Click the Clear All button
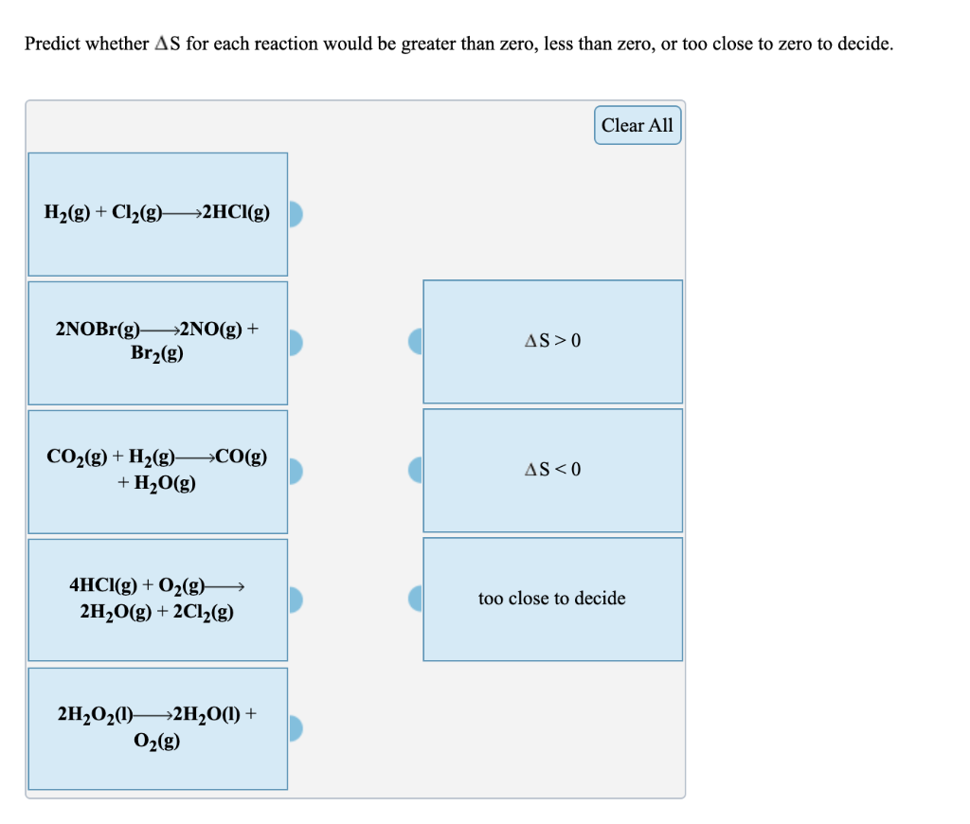click(638, 125)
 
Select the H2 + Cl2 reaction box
click(157, 214)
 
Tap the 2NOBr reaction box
click(157, 342)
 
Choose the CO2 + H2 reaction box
click(157, 471)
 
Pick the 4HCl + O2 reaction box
click(157, 600)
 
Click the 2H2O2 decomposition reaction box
click(157, 727)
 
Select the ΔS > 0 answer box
click(552, 341)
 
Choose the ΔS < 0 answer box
click(552, 470)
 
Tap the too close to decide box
click(552, 599)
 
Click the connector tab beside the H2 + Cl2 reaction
click(295, 214)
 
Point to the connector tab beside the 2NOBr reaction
click(295, 342)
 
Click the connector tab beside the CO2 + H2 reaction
click(295, 471)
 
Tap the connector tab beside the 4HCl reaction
click(295, 600)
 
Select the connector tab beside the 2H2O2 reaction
click(295, 727)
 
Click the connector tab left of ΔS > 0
click(416, 341)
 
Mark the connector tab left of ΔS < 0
click(416, 470)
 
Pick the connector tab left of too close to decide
click(416, 599)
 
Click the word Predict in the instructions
click(53, 45)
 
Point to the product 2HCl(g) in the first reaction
click(235, 213)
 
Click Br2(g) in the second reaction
click(157, 353)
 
